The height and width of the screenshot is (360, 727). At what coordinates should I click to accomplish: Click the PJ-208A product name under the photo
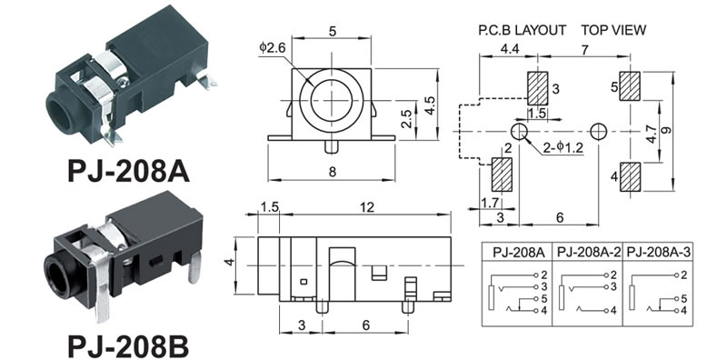(128, 172)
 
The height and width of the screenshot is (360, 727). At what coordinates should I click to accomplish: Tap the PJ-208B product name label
(128, 346)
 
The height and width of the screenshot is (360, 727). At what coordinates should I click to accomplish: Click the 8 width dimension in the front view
(332, 172)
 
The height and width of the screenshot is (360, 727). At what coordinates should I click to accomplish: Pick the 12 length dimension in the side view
(367, 207)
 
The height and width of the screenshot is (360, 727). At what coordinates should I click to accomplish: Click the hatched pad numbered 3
(537, 88)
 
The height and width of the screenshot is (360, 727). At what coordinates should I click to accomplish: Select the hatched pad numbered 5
(630, 86)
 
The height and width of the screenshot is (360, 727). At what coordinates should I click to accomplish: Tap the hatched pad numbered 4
(630, 176)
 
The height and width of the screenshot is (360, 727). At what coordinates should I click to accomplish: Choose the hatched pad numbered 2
(502, 175)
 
